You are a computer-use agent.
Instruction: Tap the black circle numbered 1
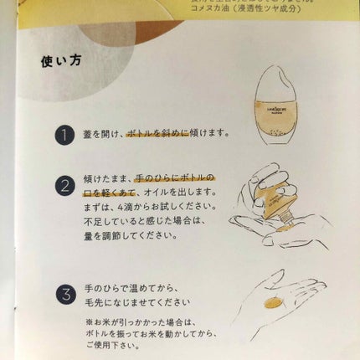pos(64,134)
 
